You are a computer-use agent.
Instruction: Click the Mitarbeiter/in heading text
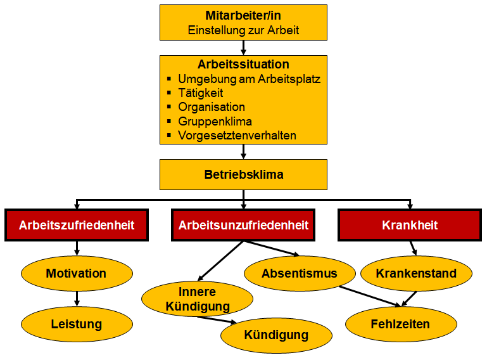(243, 15)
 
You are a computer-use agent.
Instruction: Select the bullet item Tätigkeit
(200, 93)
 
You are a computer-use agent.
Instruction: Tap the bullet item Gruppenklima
(215, 121)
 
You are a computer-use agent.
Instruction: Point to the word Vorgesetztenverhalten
(237, 136)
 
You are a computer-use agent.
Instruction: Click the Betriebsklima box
(243, 174)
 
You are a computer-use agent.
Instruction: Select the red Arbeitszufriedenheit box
(77, 225)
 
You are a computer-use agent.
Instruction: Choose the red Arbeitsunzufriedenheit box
(243, 225)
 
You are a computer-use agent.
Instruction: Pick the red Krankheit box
(410, 225)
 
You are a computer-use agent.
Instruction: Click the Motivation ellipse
(77, 274)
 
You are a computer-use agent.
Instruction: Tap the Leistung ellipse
(77, 325)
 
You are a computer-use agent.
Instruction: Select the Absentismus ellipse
(300, 274)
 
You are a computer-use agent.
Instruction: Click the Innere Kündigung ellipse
(197, 299)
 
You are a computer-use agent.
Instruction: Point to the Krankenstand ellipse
(416, 274)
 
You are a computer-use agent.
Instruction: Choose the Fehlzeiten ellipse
(401, 325)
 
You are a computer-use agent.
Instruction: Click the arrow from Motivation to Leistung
(77, 299)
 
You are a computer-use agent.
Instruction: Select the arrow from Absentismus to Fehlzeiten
(370, 296)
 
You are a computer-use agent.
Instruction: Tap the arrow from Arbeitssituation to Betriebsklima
(243, 151)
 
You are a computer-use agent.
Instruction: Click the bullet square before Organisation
(169, 106)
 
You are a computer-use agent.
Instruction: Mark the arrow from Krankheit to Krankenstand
(413, 248)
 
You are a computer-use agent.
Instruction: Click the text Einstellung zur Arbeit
(243, 30)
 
